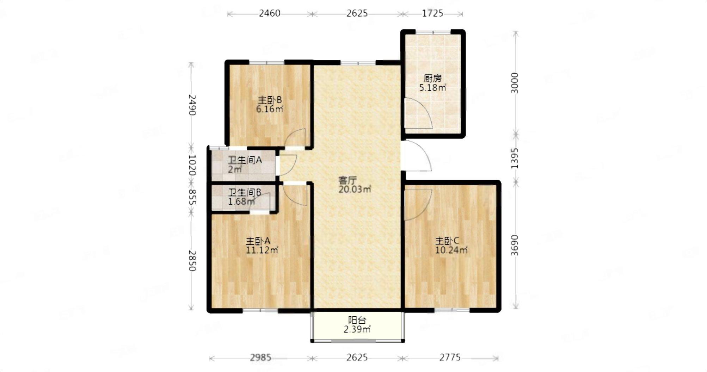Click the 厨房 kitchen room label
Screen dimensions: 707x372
pyautogui.click(x=432, y=78)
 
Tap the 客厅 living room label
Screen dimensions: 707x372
pyautogui.click(x=348, y=181)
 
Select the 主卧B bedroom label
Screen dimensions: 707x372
pyautogui.click(x=270, y=100)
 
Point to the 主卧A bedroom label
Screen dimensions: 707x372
pyautogui.click(x=258, y=241)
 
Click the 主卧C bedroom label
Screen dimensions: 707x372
pyautogui.click(x=447, y=241)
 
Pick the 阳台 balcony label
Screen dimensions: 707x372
pyautogui.click(x=357, y=320)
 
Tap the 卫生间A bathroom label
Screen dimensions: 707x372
pyautogui.click(x=245, y=160)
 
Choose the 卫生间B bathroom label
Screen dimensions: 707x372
pyautogui.click(x=245, y=192)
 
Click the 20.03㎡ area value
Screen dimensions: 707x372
pyautogui.click(x=355, y=190)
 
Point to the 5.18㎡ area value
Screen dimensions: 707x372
pyautogui.click(x=433, y=87)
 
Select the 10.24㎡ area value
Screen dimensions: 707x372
pyautogui.click(x=451, y=250)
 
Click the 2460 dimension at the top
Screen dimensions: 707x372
pyautogui.click(x=270, y=13)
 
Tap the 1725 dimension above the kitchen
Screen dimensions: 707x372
pyautogui.click(x=432, y=13)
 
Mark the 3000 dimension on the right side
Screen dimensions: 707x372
pyautogui.click(x=515, y=83)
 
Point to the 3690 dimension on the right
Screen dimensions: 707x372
pyautogui.click(x=515, y=245)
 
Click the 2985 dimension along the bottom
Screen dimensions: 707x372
pyautogui.click(x=261, y=358)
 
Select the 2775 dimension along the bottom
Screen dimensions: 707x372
pyautogui.click(x=450, y=358)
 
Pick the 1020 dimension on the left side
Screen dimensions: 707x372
pyautogui.click(x=192, y=165)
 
